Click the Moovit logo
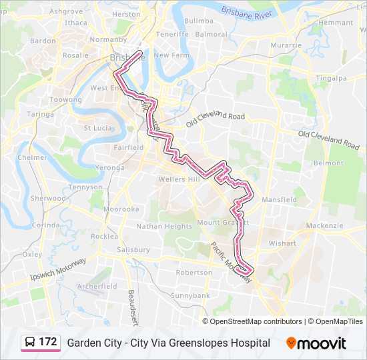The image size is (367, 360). point(316,343)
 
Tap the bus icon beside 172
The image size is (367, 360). point(30,343)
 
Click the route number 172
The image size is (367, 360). point(47,342)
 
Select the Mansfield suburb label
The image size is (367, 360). point(279,199)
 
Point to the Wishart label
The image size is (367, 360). point(282,243)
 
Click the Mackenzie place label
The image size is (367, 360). point(324,225)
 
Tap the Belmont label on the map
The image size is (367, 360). point(328,163)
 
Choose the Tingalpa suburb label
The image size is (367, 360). point(332,78)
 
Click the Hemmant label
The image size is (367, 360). point(336,22)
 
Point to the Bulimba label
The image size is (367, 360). point(198,21)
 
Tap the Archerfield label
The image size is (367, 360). point(97,286)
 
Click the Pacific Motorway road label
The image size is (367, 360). point(232,261)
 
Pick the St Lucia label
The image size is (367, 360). point(97,127)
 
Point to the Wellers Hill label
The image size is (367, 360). point(179,179)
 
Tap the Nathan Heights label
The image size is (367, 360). point(164,226)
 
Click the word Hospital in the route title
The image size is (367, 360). point(250,343)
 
